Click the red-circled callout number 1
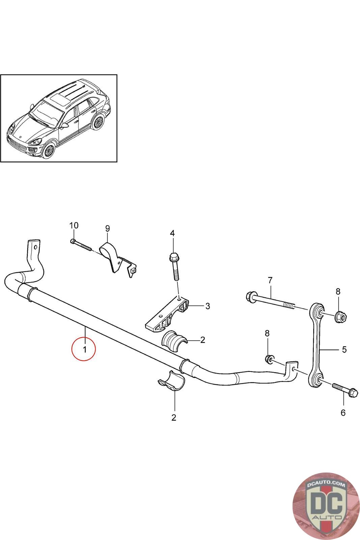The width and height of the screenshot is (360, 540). pyautogui.click(x=84, y=349)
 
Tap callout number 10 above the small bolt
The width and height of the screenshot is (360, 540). pyautogui.click(x=74, y=225)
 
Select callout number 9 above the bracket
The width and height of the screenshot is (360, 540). pyautogui.click(x=107, y=228)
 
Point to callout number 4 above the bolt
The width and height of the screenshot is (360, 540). pyautogui.click(x=172, y=233)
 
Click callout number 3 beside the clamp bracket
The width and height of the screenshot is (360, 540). pyautogui.click(x=208, y=306)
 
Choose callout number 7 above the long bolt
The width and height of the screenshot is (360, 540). pyautogui.click(x=270, y=280)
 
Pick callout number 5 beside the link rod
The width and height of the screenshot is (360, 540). pyautogui.click(x=344, y=349)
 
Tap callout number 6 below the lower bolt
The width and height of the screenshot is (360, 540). pyautogui.click(x=343, y=412)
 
